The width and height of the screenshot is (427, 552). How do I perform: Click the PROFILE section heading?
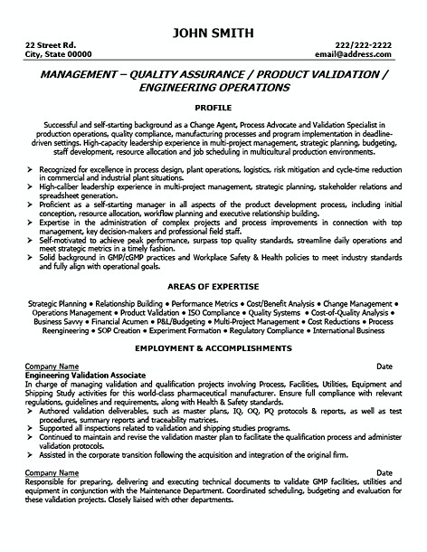213,105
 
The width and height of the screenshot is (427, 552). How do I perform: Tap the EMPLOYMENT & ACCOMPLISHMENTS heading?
213,348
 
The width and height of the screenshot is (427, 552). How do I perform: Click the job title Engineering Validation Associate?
83,373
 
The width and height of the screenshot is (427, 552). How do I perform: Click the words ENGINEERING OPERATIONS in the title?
213,90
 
